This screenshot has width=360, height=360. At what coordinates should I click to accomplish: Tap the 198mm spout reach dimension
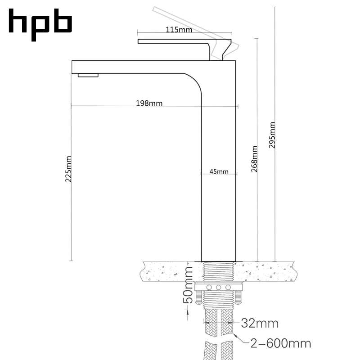[149, 103]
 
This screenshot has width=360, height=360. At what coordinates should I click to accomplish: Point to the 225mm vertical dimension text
[69, 169]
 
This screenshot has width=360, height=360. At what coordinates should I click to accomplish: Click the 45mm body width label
[219, 171]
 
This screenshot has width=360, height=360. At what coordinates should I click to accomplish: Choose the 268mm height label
[254, 159]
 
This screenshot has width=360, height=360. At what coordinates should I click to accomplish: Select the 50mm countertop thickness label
[189, 284]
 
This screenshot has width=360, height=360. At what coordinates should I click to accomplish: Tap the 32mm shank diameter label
[260, 323]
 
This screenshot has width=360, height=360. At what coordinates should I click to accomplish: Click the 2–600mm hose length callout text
[280, 344]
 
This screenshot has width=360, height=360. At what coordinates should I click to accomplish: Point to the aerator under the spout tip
[88, 75]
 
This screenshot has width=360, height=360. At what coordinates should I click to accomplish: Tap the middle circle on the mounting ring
[218, 287]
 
